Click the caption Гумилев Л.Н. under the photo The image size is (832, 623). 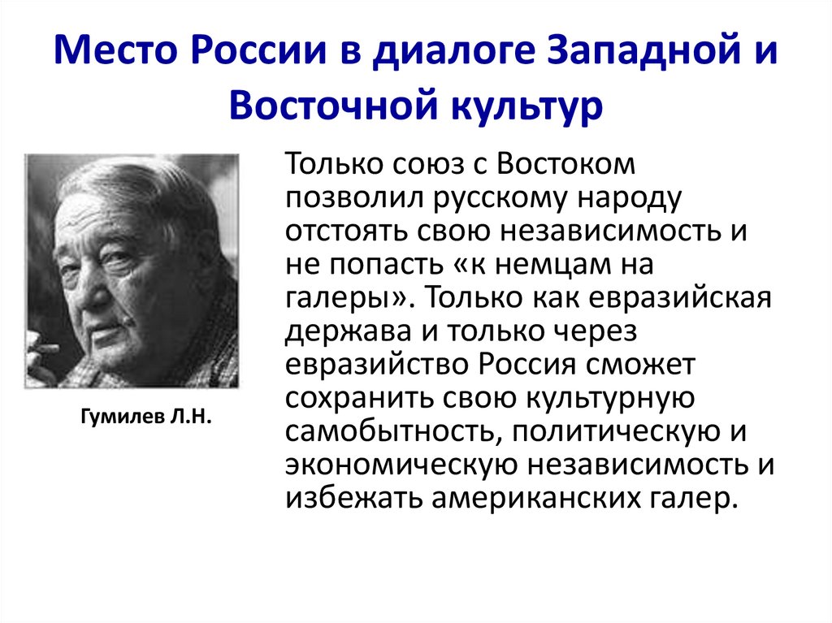(x=147, y=418)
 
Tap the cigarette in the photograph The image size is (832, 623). (x=42, y=350)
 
